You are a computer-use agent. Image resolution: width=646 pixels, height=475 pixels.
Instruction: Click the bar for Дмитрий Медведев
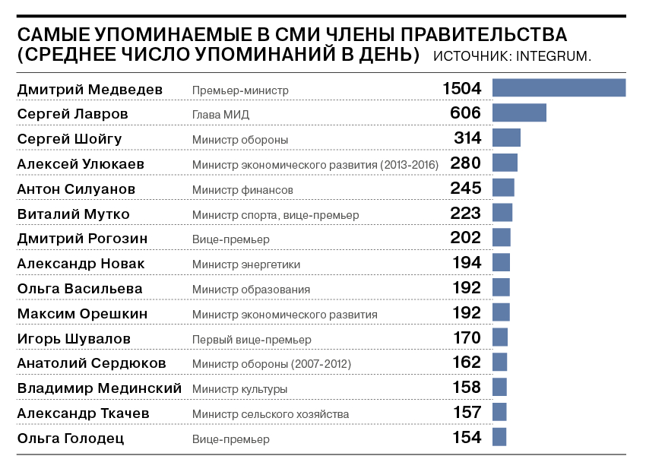pos(559,88)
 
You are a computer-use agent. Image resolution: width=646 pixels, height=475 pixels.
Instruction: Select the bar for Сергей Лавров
pos(519,113)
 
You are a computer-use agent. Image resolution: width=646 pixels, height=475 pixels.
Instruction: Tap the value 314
pos(467,138)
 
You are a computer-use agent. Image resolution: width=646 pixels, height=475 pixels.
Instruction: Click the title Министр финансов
pos(242,189)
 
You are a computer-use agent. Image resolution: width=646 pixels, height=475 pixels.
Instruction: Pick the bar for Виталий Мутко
pos(502,213)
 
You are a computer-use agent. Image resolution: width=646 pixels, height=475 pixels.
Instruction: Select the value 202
pos(466,238)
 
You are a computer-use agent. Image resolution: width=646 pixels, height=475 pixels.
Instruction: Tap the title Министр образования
pos(251,290)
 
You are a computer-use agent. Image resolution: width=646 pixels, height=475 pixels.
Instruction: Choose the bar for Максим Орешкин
pos(501,312)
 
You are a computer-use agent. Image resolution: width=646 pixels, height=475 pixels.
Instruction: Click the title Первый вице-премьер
pos(252,340)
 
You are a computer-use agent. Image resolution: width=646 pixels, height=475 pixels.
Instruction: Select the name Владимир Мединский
pos(99,388)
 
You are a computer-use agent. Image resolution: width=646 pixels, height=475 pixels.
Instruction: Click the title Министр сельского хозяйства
pos(271,414)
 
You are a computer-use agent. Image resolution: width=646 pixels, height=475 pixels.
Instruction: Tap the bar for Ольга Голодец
pos(499,437)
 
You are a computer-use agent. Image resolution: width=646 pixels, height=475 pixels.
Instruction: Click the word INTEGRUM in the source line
pos(553,56)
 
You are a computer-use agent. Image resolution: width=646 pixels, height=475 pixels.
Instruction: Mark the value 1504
pos(462,88)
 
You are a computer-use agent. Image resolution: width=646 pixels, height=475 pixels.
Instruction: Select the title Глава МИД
pos(220,115)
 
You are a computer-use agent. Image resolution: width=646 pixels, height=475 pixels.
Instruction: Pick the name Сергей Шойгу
pos(69,138)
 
